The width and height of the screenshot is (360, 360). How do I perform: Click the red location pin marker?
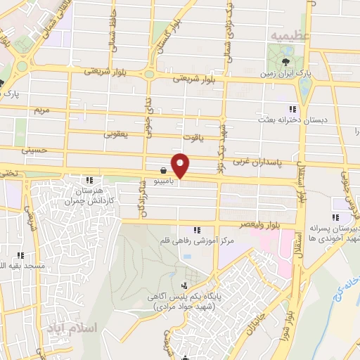point(181,166)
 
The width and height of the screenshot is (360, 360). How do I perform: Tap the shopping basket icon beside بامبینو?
point(163,169)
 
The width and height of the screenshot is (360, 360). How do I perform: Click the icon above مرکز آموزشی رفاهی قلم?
point(197,230)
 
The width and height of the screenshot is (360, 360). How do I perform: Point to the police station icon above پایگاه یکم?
point(185,285)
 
